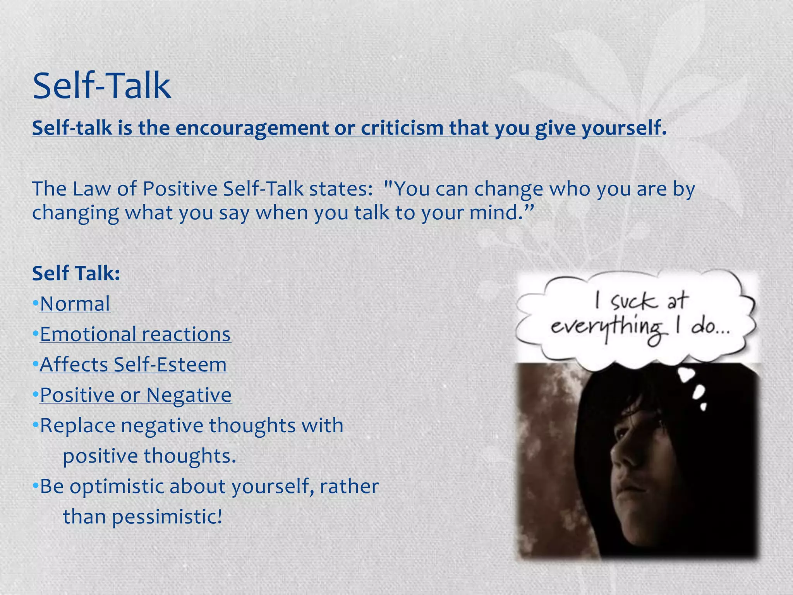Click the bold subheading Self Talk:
[76, 273]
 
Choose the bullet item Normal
[75, 304]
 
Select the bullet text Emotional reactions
[136, 334]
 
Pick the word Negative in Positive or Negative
[189, 395]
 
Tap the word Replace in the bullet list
[77, 425]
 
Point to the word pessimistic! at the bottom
[167, 517]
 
